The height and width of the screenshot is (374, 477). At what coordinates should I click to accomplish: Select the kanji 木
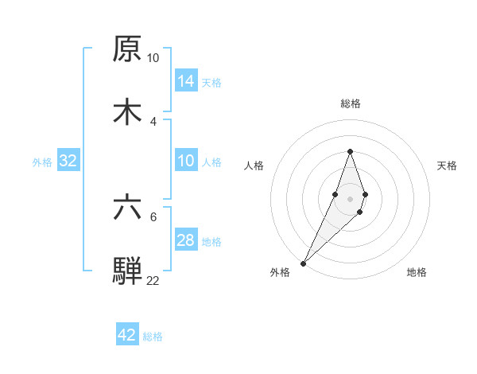pyautogui.click(x=127, y=111)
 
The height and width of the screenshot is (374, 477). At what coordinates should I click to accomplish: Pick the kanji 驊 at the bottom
pyautogui.click(x=127, y=270)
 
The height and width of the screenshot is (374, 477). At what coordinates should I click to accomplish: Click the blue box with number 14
pyautogui.click(x=186, y=81)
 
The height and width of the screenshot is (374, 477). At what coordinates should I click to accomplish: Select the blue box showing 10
pyautogui.click(x=186, y=161)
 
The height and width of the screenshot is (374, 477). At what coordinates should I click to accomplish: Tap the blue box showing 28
pyautogui.click(x=186, y=240)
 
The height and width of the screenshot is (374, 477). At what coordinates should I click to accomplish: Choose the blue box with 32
pyautogui.click(x=68, y=161)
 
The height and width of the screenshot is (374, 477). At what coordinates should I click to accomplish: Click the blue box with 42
pyautogui.click(x=127, y=335)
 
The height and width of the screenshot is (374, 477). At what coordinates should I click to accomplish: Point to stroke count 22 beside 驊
pyautogui.click(x=153, y=280)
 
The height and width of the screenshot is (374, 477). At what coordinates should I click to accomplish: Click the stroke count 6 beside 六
pyautogui.click(x=154, y=216)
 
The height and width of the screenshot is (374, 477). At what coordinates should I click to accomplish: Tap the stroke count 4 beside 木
pyautogui.click(x=153, y=121)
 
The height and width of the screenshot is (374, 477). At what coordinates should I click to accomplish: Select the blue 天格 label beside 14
pyautogui.click(x=211, y=82)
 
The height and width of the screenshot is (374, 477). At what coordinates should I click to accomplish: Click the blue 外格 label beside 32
pyautogui.click(x=42, y=162)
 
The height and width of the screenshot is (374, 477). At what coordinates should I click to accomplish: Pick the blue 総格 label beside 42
pyautogui.click(x=153, y=336)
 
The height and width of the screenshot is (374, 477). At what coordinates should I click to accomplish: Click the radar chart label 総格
pyautogui.click(x=351, y=103)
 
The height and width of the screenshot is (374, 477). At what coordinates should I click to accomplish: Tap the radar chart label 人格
pyautogui.click(x=254, y=166)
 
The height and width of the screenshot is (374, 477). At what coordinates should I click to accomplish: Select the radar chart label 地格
pyautogui.click(x=417, y=272)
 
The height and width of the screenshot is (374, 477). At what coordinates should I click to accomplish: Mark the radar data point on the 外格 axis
pyautogui.click(x=304, y=262)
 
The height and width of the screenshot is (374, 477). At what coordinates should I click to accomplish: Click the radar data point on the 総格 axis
pyautogui.click(x=350, y=151)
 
